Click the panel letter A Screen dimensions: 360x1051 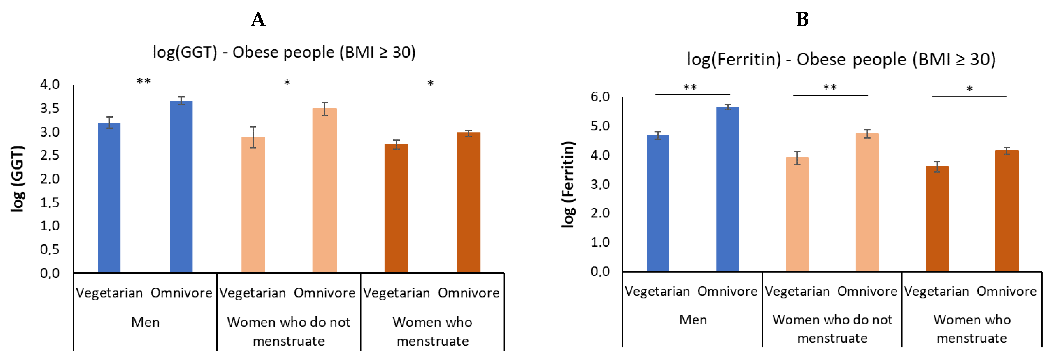tap(258, 19)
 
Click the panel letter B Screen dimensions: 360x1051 tap(802, 19)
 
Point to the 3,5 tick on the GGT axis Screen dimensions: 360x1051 tap(50, 108)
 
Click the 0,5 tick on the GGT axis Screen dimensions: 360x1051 tap(50, 249)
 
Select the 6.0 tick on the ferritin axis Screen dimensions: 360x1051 tap(600, 97)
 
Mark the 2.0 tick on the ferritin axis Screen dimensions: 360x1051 tap(600, 213)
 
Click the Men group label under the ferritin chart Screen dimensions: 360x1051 tap(693, 319)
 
